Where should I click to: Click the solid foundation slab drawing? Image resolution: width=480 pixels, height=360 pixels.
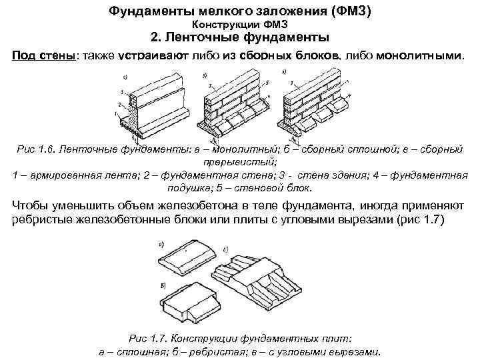186,256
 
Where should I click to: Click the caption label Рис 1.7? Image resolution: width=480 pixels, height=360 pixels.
144,338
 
